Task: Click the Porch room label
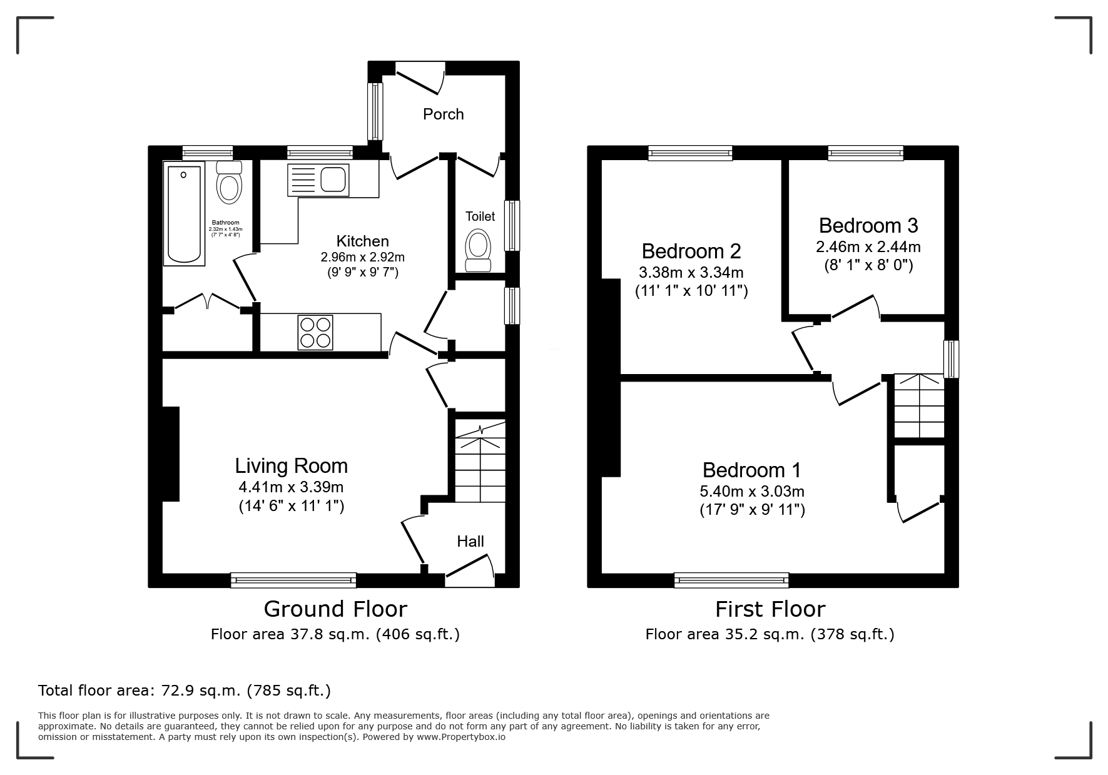[443, 114]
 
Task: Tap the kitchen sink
[318, 180]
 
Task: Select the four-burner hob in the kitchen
[315, 332]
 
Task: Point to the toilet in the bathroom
[229, 182]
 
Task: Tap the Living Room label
[292, 466]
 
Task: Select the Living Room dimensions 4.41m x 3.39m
[292, 487]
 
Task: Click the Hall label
[470, 542]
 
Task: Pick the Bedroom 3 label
[868, 225]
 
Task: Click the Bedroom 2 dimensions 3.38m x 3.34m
[691, 273]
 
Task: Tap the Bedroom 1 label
[751, 470]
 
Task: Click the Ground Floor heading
[335, 609]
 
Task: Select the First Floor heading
[770, 609]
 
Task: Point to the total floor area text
[185, 691]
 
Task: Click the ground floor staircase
[480, 460]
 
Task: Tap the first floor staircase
[919, 405]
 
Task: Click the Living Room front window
[293, 580]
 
